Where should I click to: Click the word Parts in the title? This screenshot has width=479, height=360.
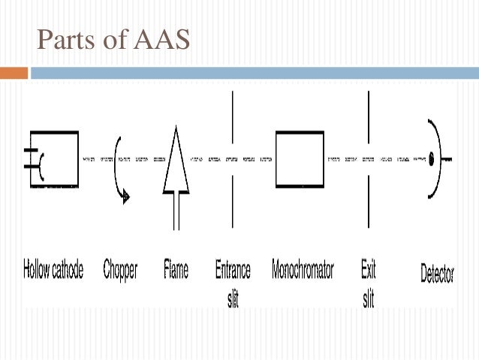point(63,39)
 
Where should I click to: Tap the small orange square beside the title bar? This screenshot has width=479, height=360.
point(14,73)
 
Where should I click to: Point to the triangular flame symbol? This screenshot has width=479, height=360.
point(175,164)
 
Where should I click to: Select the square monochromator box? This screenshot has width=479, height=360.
point(300,159)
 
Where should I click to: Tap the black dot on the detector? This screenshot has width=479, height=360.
point(433,159)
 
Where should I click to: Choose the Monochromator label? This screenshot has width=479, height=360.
point(303,270)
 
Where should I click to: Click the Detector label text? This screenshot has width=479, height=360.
point(437,273)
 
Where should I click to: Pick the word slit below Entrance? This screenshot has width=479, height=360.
point(233,298)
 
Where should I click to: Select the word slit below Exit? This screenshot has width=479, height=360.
point(368,298)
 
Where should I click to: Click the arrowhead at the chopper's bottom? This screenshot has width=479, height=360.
point(126,196)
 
